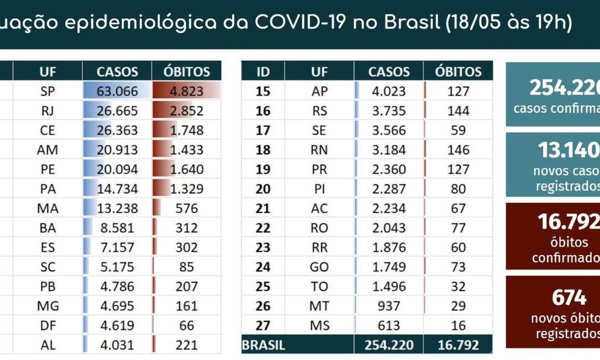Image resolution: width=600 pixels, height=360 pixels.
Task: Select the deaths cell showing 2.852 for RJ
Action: pos(186,111)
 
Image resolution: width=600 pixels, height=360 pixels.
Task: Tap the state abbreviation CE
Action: pos(48,130)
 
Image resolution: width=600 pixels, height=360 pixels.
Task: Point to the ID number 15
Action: pos(263,92)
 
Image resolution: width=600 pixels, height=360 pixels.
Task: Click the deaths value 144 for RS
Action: pos(458,111)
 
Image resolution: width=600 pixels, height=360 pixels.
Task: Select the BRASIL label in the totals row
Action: pos(264,346)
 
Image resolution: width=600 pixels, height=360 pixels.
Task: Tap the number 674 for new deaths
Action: pos(569,298)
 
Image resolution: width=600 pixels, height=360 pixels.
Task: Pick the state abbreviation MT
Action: pos(319,306)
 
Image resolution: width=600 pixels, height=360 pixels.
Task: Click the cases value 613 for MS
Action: pos(389,325)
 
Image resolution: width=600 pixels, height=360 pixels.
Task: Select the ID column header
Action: pos(263,72)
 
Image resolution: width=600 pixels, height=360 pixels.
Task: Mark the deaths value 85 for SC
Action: pos(186,267)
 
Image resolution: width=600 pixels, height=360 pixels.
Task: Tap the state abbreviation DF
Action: pos(48,325)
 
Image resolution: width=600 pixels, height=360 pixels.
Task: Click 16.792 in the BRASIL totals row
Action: pos(458,346)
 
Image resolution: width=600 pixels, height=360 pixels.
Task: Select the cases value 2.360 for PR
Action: pos(389,170)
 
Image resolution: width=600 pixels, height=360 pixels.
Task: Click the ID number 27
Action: pos(263,325)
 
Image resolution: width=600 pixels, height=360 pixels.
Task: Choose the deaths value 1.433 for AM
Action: pos(186,150)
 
